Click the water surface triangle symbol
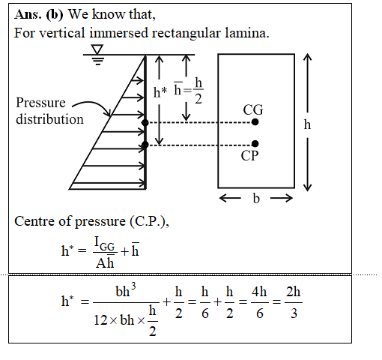point(97,49)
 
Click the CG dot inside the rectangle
point(255,122)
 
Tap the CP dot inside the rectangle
point(255,144)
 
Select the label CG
point(253,109)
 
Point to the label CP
point(249,156)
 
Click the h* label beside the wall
point(160,92)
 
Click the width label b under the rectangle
point(256,199)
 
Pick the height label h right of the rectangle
point(307,124)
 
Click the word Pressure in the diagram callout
point(40,103)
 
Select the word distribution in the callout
point(49,119)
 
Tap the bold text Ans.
point(28,14)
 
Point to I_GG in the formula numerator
point(105,243)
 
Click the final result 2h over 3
point(294,302)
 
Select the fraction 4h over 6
point(259,302)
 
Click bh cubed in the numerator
point(126,290)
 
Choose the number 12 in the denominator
point(100,320)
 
